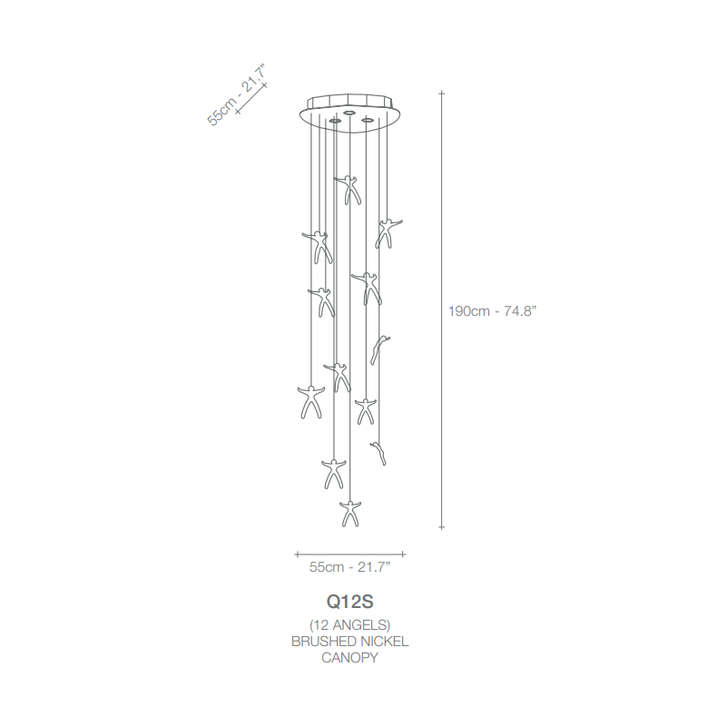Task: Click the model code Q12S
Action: tap(349, 602)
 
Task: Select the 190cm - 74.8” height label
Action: tap(492, 310)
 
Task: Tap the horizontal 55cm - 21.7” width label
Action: tap(349, 566)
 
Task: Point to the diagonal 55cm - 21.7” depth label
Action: tap(237, 95)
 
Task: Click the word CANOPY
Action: tap(349, 657)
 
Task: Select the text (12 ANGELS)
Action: tap(349, 625)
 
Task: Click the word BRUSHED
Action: tap(323, 642)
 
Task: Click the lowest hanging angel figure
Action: tap(350, 514)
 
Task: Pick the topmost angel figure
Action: tap(348, 190)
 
